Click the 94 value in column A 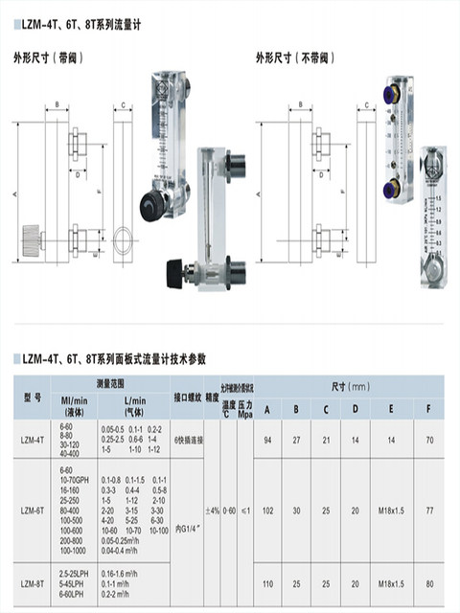267,440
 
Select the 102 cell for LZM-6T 267,511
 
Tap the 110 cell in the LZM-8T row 267,582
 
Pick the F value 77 428,511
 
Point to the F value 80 428,582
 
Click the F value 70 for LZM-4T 428,440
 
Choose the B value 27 296,440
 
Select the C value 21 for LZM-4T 326,440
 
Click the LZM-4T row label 33,440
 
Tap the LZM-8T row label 33,582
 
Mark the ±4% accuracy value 212,511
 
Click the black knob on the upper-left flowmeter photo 149,202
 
